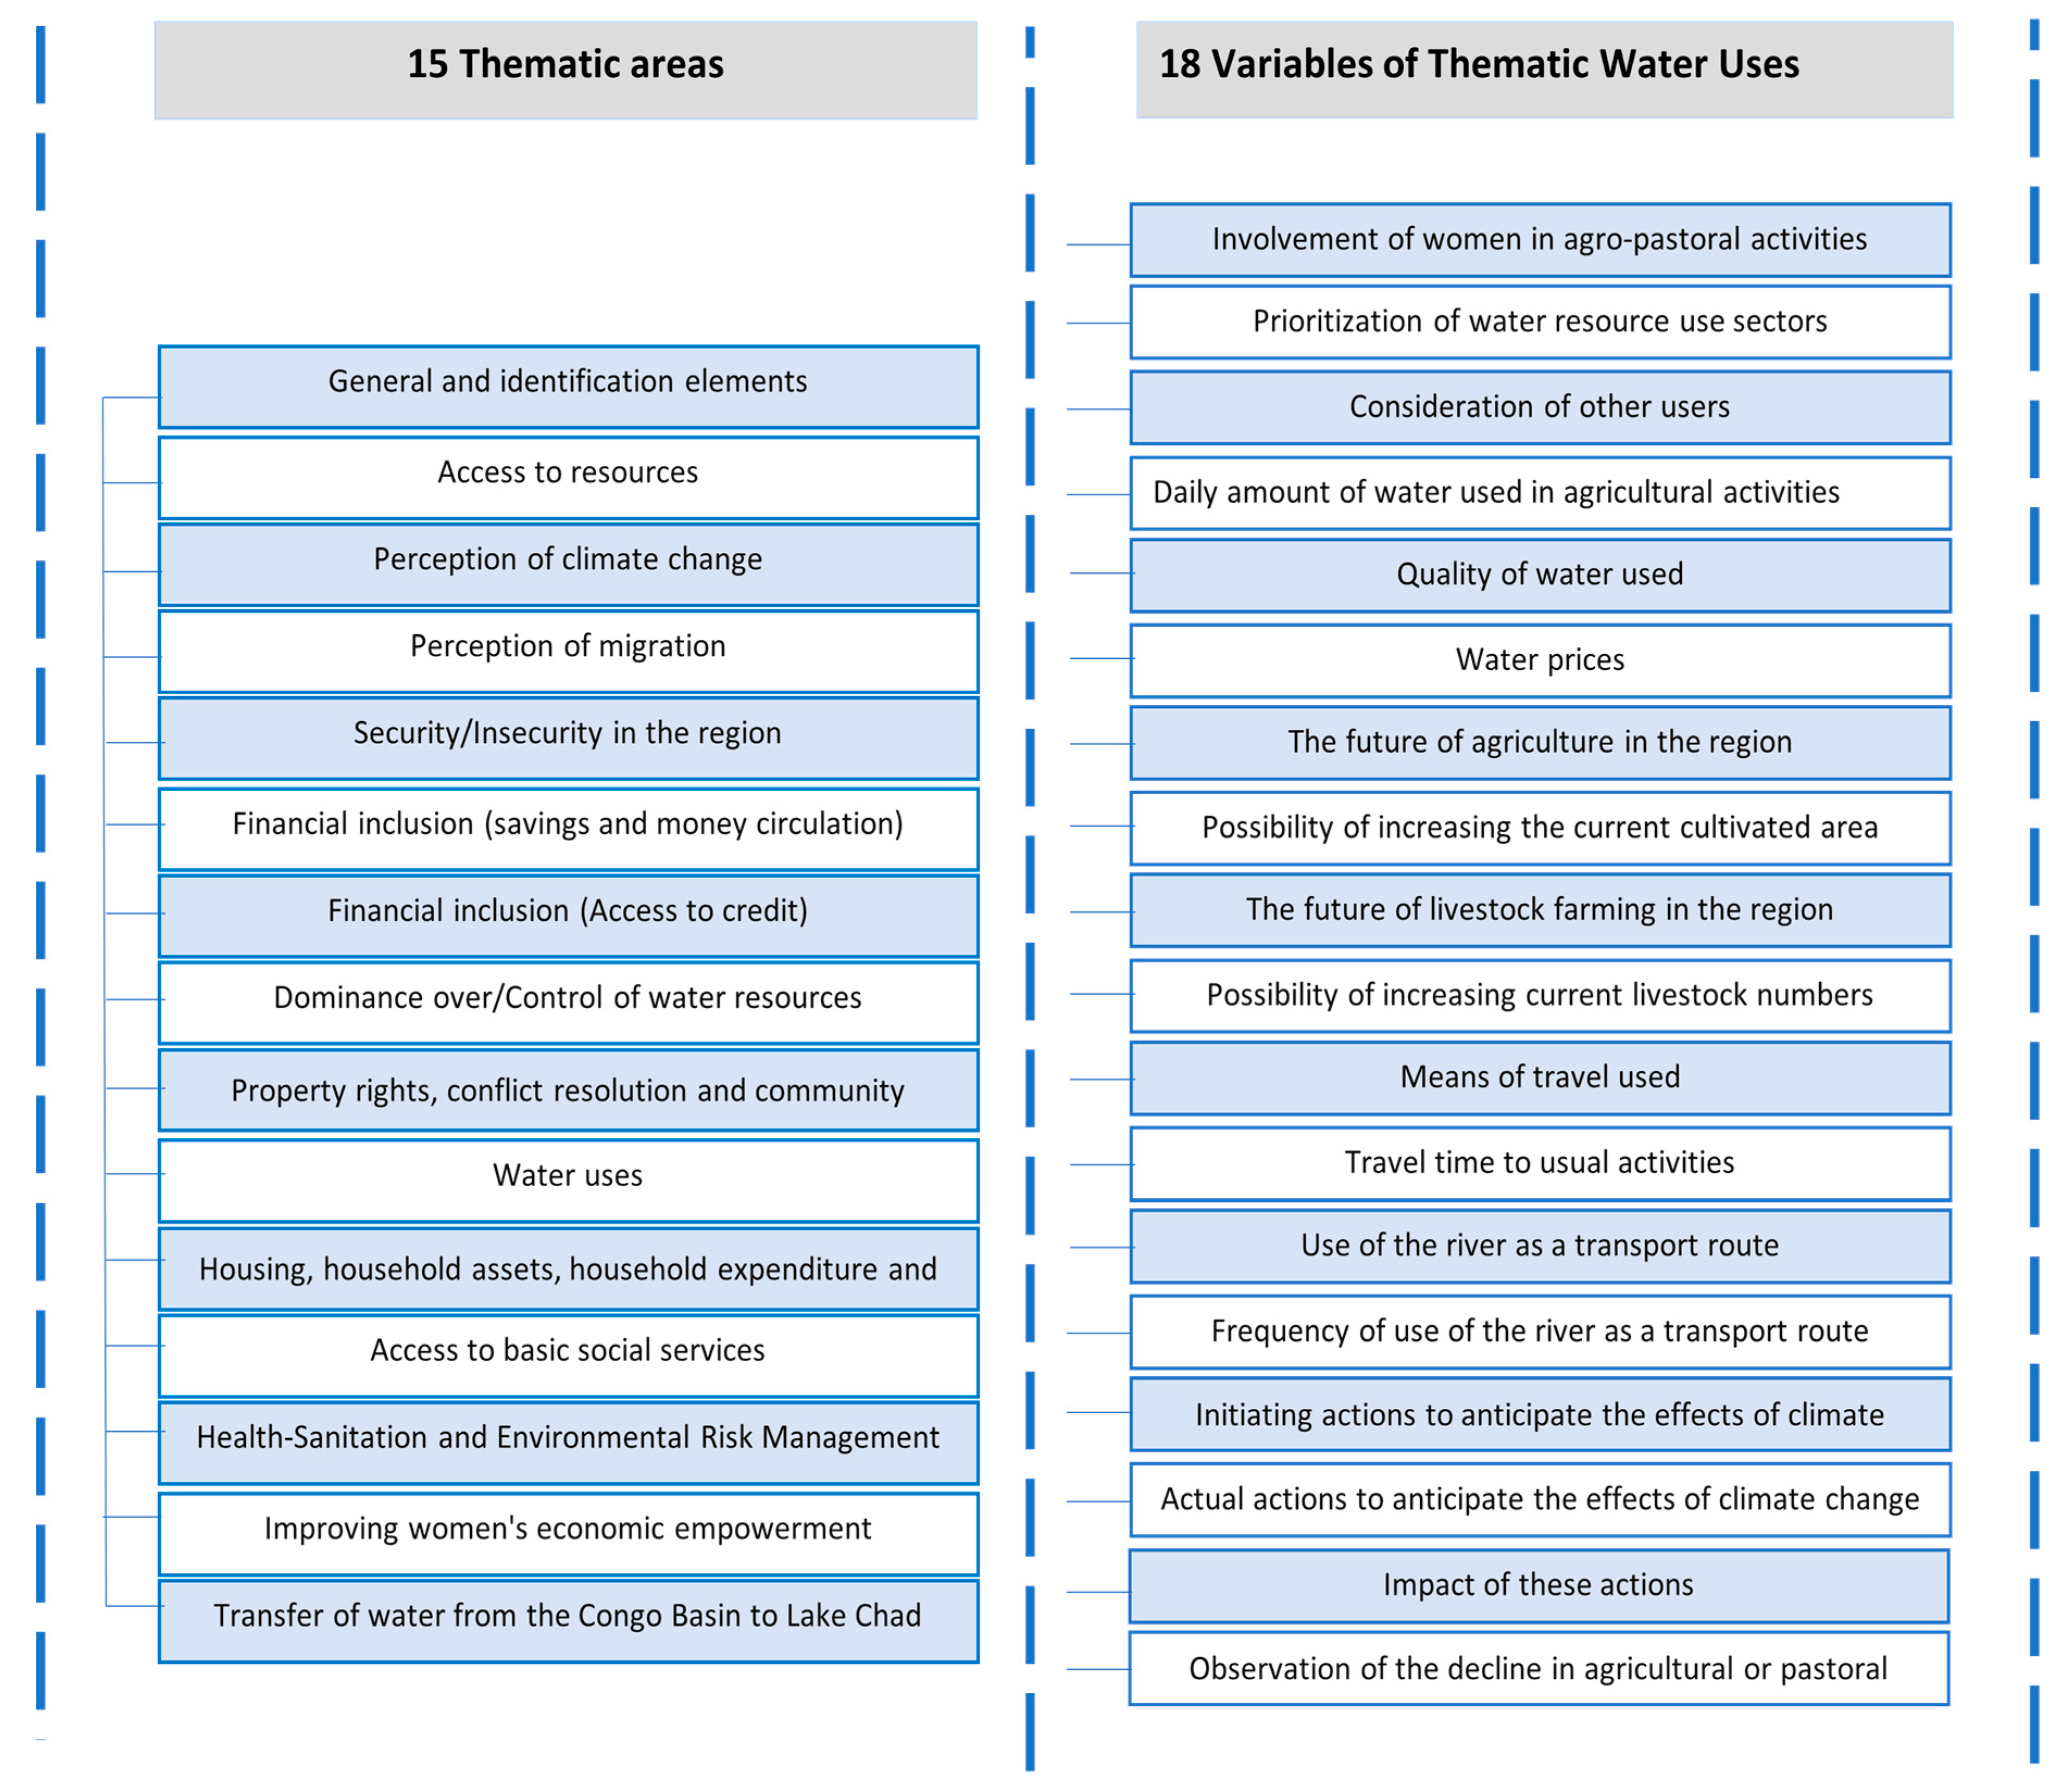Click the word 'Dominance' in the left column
pos(339,998)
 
